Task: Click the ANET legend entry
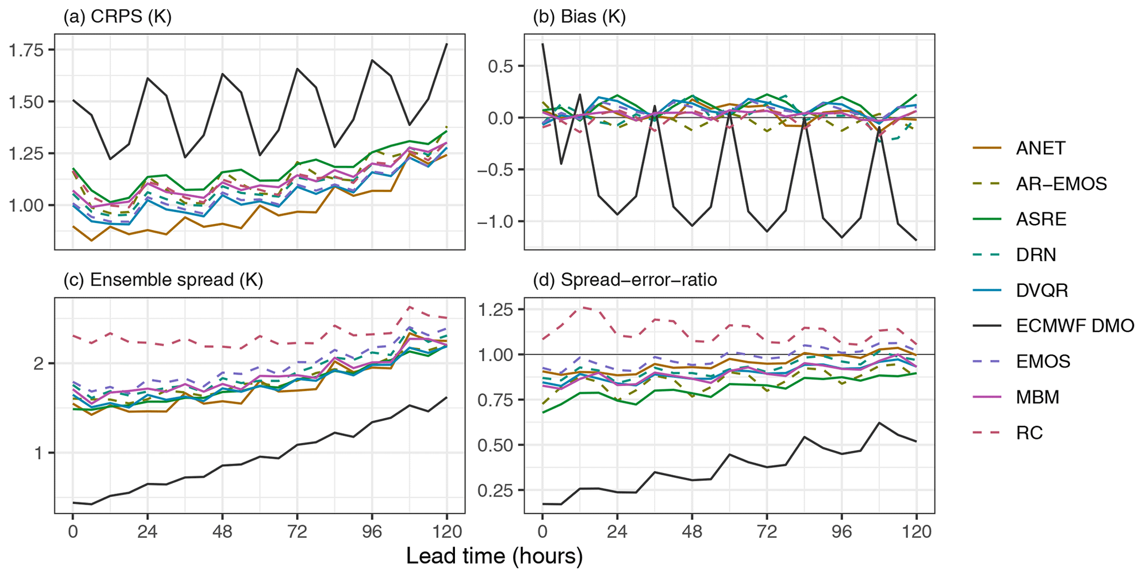click(1041, 148)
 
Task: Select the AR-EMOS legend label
click(1061, 184)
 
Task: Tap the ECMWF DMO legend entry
click(1074, 326)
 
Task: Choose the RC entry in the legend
click(1029, 433)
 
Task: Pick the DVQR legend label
click(1042, 290)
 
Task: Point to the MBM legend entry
click(1037, 397)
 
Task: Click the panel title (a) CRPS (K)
click(117, 17)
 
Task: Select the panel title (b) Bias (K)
click(579, 17)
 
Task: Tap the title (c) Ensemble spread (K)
click(163, 280)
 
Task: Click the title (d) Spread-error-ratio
click(625, 280)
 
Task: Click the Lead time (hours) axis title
click(494, 556)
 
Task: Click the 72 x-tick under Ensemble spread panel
click(297, 532)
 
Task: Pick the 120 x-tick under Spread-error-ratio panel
click(917, 532)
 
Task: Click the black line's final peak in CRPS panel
click(447, 44)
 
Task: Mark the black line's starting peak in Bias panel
click(542, 44)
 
